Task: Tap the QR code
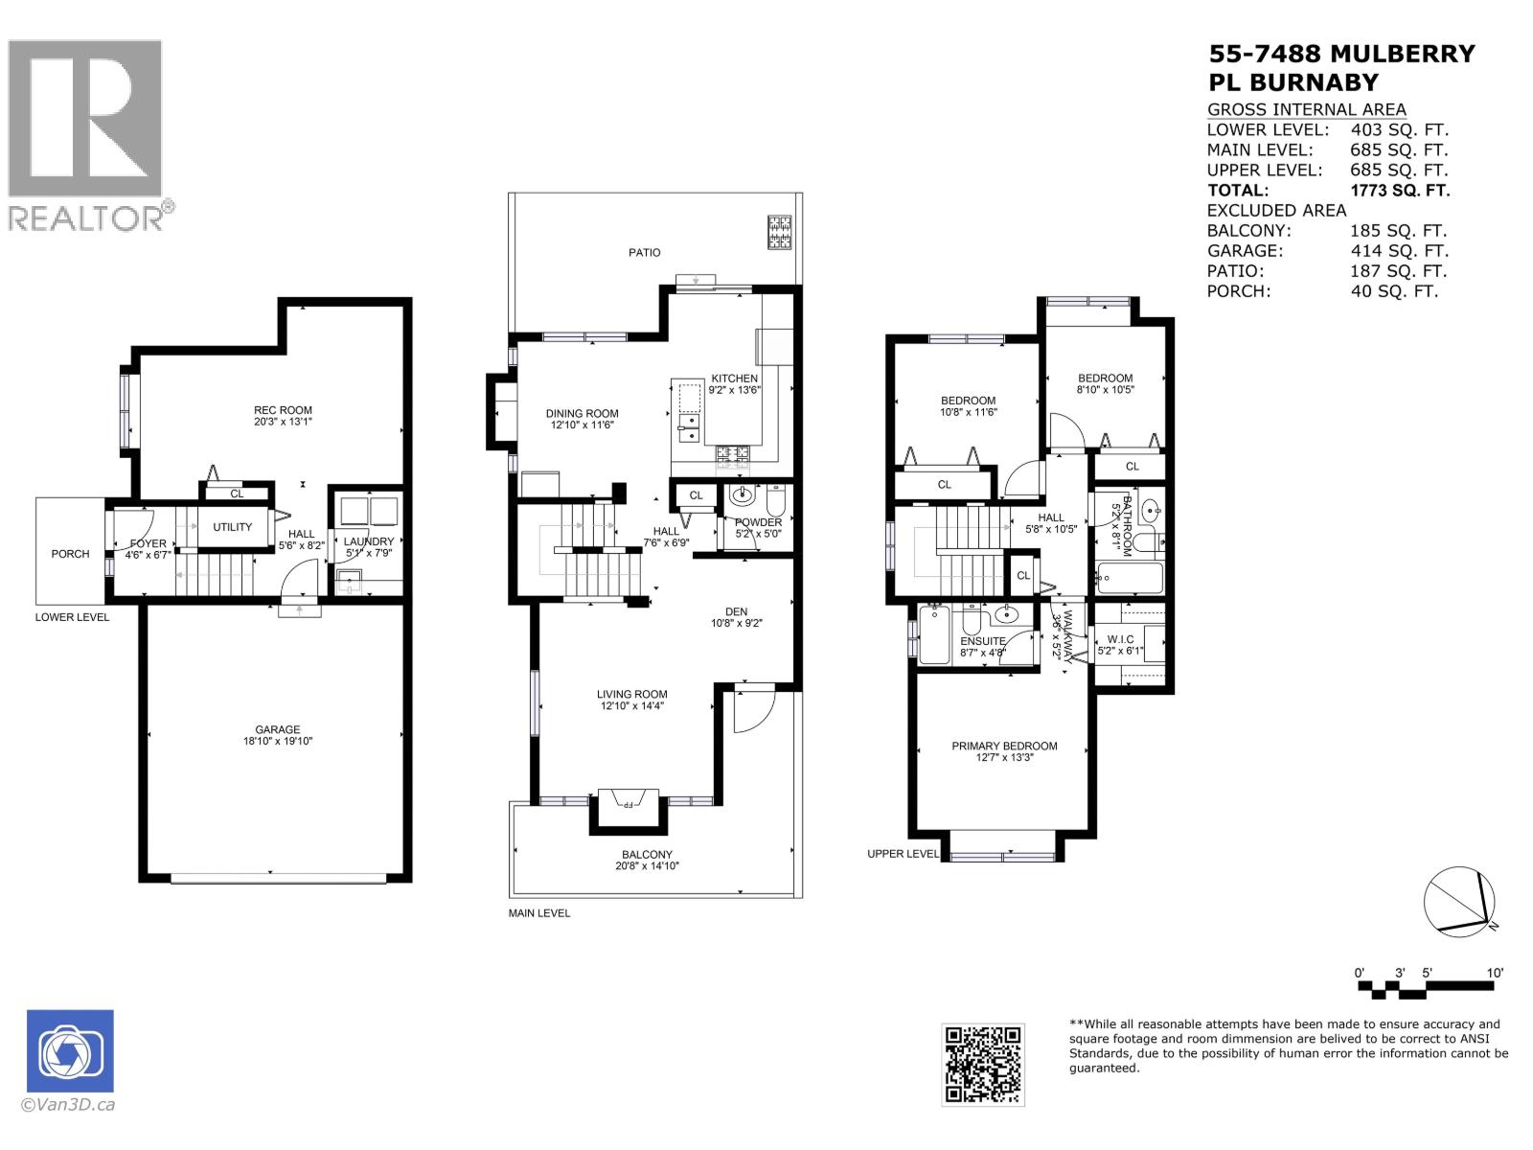pos(982,1064)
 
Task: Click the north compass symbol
pos(1458,902)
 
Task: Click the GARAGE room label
pos(278,729)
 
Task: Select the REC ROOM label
pos(284,410)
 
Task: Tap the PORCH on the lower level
pos(70,554)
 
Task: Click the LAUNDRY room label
pos(369,541)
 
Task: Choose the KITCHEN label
pos(735,379)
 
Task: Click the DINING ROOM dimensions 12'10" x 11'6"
pos(582,425)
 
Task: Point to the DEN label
pos(736,611)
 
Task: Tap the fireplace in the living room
pos(628,801)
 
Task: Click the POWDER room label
pos(759,522)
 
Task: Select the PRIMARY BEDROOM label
pos(1004,746)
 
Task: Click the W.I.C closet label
pos(1120,639)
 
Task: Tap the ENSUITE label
pos(983,641)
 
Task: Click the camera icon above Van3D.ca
pos(70,1051)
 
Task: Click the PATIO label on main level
pos(645,252)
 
